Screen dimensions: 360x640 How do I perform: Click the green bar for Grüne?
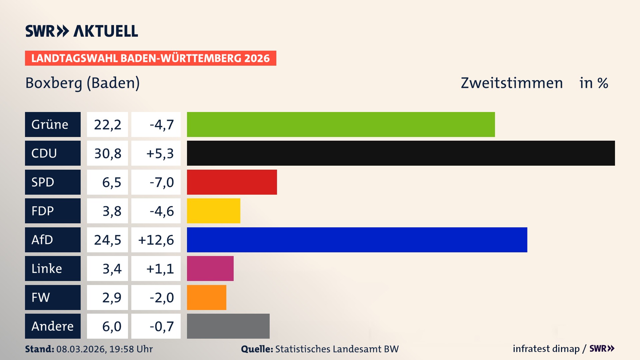(341, 124)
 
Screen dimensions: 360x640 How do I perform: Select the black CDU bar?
(401, 153)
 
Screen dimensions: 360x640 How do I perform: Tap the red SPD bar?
(232, 182)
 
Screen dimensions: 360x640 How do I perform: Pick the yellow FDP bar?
(213, 211)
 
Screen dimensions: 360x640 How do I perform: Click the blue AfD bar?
(357, 240)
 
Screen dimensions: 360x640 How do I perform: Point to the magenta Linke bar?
(210, 268)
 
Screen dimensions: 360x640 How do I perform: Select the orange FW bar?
(206, 297)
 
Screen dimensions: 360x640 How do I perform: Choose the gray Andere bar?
(228, 326)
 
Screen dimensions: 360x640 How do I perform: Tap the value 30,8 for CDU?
(107, 153)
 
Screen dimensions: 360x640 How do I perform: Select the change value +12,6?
(156, 240)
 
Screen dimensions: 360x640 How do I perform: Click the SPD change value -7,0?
(162, 182)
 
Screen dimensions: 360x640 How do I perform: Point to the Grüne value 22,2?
(107, 125)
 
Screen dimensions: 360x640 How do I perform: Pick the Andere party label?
(53, 326)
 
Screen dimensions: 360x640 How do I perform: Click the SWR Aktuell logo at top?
(82, 31)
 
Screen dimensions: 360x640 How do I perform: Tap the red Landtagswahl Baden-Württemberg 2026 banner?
(150, 58)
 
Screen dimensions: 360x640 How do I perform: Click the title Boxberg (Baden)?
(82, 83)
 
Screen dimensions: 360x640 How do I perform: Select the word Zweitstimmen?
(511, 83)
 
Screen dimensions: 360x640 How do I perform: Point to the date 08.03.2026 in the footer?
(81, 349)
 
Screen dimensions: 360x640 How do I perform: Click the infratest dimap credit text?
(546, 349)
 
